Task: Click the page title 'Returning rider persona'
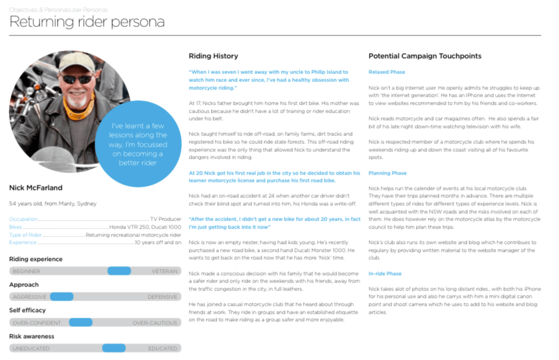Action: click(87, 22)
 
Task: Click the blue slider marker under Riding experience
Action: click(119, 271)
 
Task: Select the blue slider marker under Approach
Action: click(62, 297)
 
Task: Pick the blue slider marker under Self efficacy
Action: click(81, 322)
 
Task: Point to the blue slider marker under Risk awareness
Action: click(114, 348)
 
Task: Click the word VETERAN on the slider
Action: click(164, 271)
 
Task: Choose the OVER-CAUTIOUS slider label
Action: click(155, 323)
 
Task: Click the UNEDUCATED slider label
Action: click(31, 349)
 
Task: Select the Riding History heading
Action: click(213, 56)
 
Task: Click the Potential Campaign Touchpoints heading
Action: click(425, 56)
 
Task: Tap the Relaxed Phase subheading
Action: click(386, 72)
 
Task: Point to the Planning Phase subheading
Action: click(388, 173)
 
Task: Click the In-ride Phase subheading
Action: click(385, 274)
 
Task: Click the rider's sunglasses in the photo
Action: click(77, 80)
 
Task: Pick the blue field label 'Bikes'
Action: click(15, 227)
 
